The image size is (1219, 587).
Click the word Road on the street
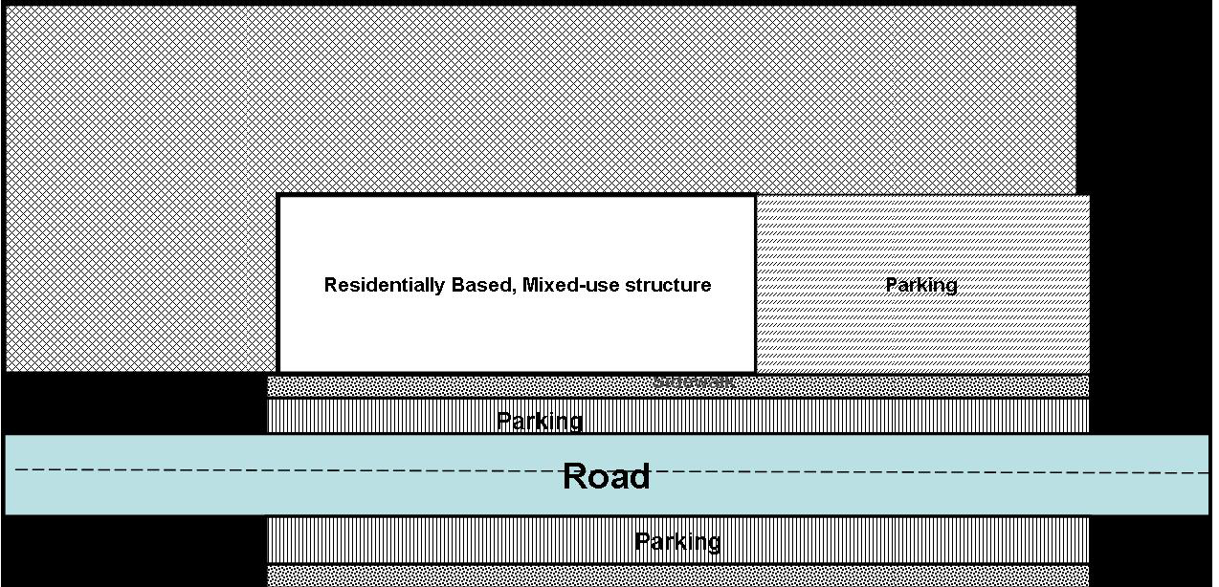[x=606, y=476]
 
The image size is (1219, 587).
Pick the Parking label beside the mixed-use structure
[x=920, y=285]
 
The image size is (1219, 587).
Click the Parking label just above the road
[x=540, y=421]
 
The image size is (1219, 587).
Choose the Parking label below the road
[x=677, y=542]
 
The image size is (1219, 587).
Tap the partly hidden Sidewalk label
[x=694, y=382]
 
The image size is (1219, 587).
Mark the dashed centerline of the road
[x=287, y=469]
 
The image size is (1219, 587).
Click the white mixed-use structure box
[x=517, y=239]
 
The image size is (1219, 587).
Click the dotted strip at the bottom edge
[x=670, y=576]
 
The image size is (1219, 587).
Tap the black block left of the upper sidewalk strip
[x=134, y=402]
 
